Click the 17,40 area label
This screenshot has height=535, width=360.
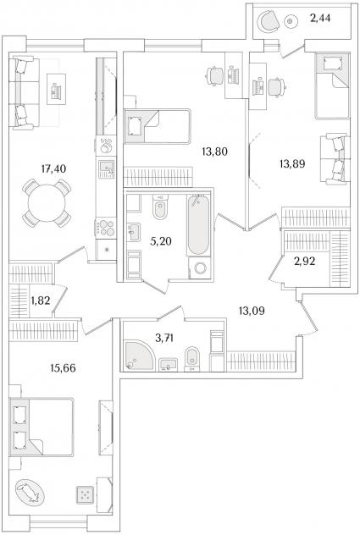[53, 168]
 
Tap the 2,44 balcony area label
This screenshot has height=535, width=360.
[320, 18]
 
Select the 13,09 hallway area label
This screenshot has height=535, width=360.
[252, 311]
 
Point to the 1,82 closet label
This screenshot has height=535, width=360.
[41, 301]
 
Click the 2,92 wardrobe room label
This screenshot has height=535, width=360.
[305, 262]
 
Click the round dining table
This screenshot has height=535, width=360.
[47, 203]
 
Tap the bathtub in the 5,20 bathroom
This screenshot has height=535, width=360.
[198, 224]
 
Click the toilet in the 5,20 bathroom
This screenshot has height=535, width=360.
[160, 207]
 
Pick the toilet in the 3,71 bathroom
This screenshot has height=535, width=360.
[191, 359]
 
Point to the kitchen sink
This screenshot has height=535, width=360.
[107, 168]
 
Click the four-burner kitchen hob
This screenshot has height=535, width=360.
[106, 228]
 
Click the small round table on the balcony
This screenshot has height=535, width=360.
[291, 21]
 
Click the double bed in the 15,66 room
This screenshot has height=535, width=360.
[42, 427]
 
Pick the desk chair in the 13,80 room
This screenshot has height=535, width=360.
[215, 75]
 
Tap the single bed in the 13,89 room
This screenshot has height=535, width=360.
[332, 86]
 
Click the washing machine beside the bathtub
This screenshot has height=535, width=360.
[199, 268]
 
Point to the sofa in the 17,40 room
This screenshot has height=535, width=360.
[24, 93]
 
